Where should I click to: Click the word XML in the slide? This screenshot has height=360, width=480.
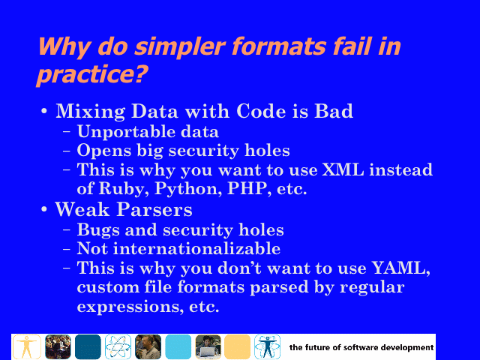tap(343, 169)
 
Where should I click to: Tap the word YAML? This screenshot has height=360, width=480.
tap(400, 268)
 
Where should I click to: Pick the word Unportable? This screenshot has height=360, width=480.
tap(126, 132)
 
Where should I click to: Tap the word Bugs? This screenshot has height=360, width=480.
tap(98, 230)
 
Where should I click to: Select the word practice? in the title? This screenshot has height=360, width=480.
tap(91, 74)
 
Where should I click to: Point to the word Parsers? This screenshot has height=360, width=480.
tap(154, 210)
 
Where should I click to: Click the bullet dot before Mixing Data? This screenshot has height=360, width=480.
tap(44, 111)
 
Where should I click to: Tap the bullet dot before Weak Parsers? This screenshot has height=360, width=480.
tap(44, 210)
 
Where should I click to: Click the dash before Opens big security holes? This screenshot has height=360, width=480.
tap(67, 151)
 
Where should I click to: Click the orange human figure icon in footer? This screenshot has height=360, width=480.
tap(27, 346)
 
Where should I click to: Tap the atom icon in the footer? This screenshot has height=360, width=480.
tap(118, 346)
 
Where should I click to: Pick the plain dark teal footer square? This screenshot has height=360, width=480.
tap(88, 346)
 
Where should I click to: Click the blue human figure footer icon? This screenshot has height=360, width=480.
tap(267, 346)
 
